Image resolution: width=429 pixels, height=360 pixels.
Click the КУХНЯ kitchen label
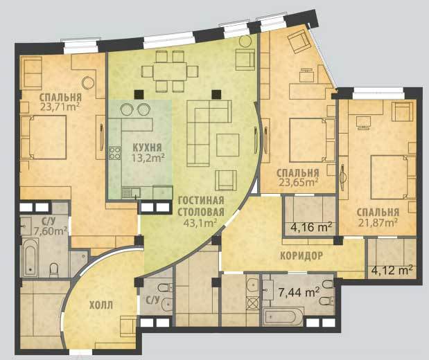tap(147, 147)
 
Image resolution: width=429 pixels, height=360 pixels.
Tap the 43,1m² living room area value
tap(200, 223)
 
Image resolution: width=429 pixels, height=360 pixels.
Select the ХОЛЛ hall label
tap(101, 305)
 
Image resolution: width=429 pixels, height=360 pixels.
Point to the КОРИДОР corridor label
tap(301, 255)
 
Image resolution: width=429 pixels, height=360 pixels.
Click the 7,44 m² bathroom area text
tap(299, 292)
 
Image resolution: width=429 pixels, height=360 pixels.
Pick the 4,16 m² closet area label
tap(311, 227)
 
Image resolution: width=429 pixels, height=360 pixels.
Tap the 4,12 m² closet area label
tap(392, 270)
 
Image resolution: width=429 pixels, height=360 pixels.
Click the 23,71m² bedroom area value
tap(60, 106)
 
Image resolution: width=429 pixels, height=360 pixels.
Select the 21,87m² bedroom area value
tap(378, 223)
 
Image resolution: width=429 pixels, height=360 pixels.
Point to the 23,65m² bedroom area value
tap(298, 182)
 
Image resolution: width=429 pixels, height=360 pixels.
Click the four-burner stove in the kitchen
tap(115, 154)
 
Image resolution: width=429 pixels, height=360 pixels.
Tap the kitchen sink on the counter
tap(131, 192)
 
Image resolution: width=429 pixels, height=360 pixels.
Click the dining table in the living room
tap(170, 71)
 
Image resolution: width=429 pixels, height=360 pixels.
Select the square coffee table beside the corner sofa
tap(227, 145)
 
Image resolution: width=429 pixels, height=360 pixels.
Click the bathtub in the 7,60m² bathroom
tap(30, 257)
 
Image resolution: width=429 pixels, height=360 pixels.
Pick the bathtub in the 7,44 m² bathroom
tap(283, 317)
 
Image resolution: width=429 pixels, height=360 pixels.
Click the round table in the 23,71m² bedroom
tap(89, 82)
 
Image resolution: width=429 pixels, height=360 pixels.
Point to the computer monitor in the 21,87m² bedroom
tap(364, 123)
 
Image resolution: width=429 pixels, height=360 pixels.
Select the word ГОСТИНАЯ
tap(201, 200)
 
